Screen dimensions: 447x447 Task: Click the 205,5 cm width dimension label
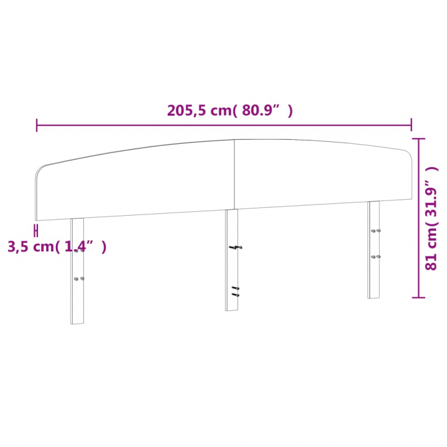click(230, 111)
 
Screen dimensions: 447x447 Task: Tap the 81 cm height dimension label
click(431, 218)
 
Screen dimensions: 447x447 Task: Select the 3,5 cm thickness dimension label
click(56, 246)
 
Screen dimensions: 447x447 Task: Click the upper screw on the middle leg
click(235, 247)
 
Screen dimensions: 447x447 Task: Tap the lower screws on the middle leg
click(235, 291)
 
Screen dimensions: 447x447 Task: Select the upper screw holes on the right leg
click(376, 230)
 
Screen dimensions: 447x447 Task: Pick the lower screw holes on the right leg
click(376, 256)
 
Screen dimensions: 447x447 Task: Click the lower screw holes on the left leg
click(79, 278)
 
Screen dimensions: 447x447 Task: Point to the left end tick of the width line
click(37, 125)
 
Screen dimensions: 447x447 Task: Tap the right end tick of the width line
click(412, 125)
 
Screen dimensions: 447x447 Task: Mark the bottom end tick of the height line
click(419, 297)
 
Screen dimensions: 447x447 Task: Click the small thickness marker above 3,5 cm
click(36, 230)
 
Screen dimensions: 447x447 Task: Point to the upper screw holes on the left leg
click(79, 250)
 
